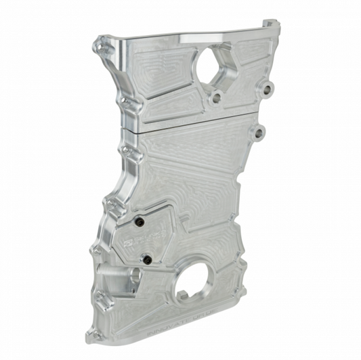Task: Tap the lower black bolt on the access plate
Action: (147, 259)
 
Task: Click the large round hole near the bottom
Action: (195, 288)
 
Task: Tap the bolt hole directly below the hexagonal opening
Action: (216, 98)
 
